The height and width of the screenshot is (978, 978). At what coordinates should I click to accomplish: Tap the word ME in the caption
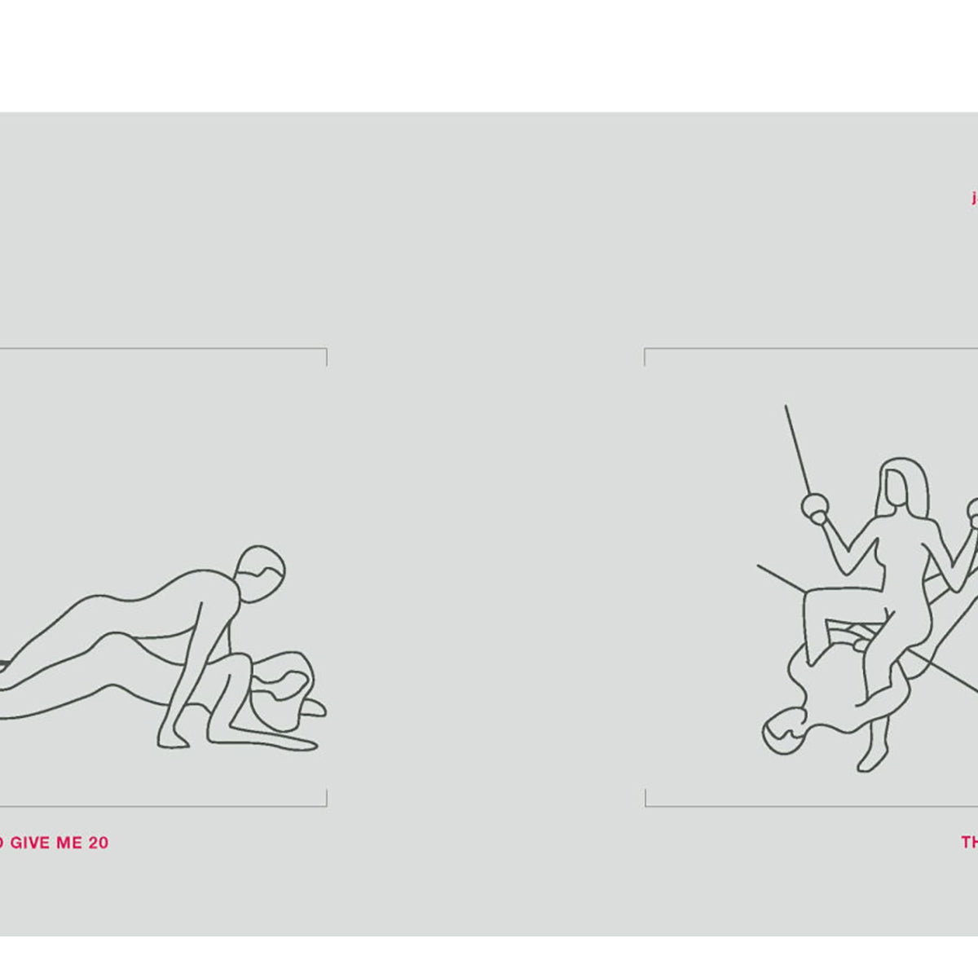point(70,843)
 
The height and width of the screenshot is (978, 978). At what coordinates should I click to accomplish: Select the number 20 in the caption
point(98,843)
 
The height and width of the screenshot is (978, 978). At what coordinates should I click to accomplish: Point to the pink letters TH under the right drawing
point(969,843)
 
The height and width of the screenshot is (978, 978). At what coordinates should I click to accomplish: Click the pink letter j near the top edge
point(974,198)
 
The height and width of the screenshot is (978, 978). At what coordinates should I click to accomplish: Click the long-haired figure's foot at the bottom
point(866,763)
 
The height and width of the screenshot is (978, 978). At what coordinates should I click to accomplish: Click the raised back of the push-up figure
point(122,603)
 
